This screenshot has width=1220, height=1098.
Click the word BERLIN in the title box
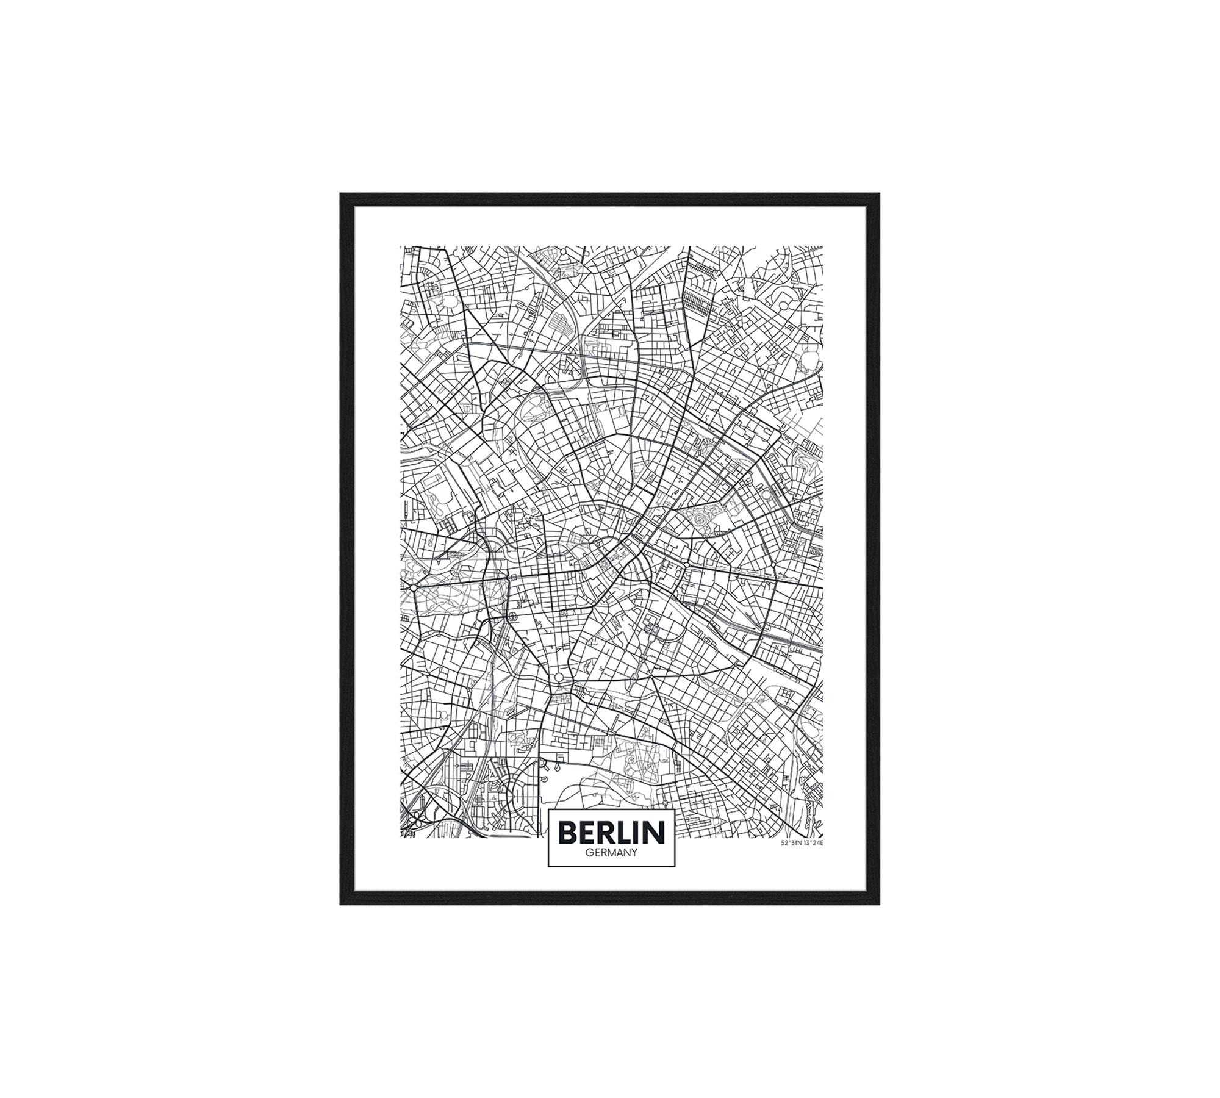click(x=611, y=833)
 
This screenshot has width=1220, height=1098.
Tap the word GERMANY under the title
click(x=611, y=853)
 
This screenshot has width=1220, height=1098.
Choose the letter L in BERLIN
click(x=628, y=833)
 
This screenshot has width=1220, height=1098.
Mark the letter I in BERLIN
click(x=640, y=833)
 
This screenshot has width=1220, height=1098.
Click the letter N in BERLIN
click(x=656, y=833)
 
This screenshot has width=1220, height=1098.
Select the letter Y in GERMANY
click(x=634, y=853)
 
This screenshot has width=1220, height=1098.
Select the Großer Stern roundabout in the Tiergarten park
click(x=413, y=587)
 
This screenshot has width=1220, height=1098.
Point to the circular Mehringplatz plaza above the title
click(x=558, y=678)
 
